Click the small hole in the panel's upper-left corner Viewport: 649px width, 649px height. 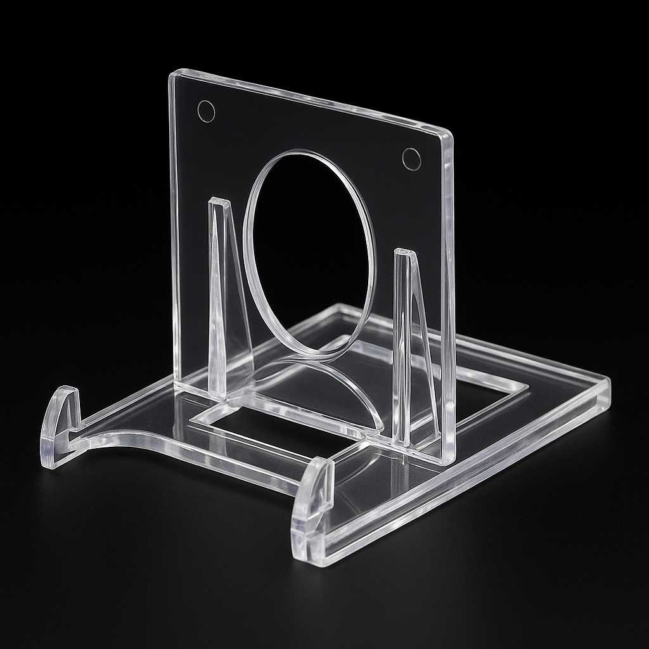pyautogui.click(x=206, y=111)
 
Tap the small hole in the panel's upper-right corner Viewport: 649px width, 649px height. pyautogui.click(x=411, y=159)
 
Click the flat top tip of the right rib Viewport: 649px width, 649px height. pyautogui.click(x=405, y=254)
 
